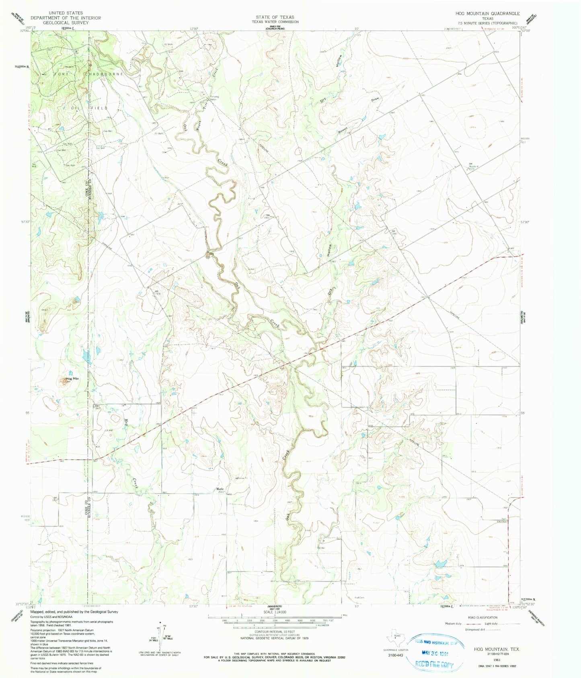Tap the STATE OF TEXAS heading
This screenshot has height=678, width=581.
pyautogui.click(x=275, y=17)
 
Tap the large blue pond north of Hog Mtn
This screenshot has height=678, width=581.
pyautogui.click(x=86, y=355)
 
